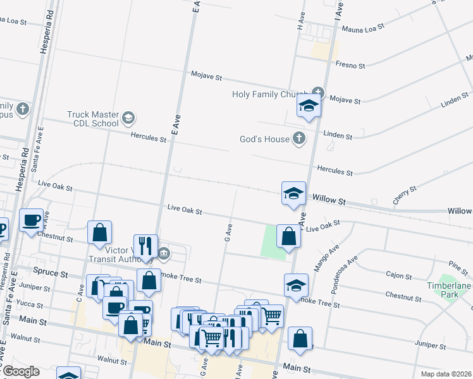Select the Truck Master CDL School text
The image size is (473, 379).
93,119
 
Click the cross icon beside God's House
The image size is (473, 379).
299,139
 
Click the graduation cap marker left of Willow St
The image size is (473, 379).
293,193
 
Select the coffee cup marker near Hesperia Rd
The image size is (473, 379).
31,220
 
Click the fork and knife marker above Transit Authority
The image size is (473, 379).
145,246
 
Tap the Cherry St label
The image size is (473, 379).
405,194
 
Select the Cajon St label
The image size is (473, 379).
399,276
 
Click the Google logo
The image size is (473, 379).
20,371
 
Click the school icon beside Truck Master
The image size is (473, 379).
128,117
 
